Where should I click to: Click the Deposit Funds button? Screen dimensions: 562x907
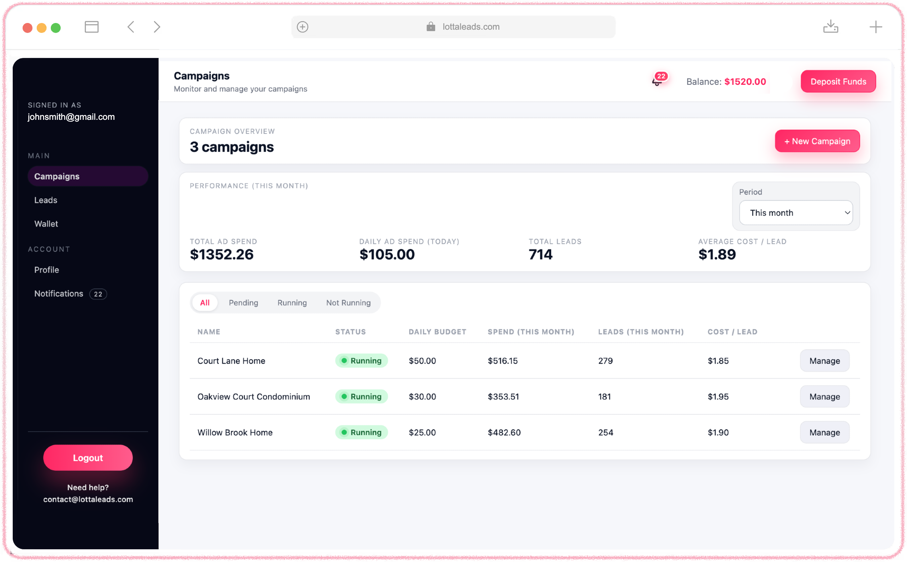point(838,81)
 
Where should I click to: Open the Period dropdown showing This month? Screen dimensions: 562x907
point(796,213)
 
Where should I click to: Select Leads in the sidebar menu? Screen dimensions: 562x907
point(46,200)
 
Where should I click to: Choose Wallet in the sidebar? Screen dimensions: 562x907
point(46,224)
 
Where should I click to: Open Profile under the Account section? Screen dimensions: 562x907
point(46,270)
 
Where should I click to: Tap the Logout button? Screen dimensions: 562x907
point(88,458)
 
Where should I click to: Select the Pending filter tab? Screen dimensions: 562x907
point(243,303)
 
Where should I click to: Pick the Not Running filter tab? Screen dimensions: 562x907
point(348,303)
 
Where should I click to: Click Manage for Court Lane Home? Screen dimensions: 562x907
point(824,361)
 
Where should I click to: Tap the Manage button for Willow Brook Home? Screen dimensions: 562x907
point(824,432)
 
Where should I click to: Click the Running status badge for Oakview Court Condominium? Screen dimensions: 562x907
point(361,397)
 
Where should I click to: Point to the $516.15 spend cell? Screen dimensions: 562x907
point(503,361)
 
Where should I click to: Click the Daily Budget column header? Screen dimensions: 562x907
point(437,332)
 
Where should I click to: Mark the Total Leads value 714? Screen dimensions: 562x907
point(540,254)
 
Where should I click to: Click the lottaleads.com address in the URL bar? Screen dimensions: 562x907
point(470,27)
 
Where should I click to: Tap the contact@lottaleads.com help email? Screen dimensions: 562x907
point(88,499)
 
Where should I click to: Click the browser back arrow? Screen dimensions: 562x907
point(131,27)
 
